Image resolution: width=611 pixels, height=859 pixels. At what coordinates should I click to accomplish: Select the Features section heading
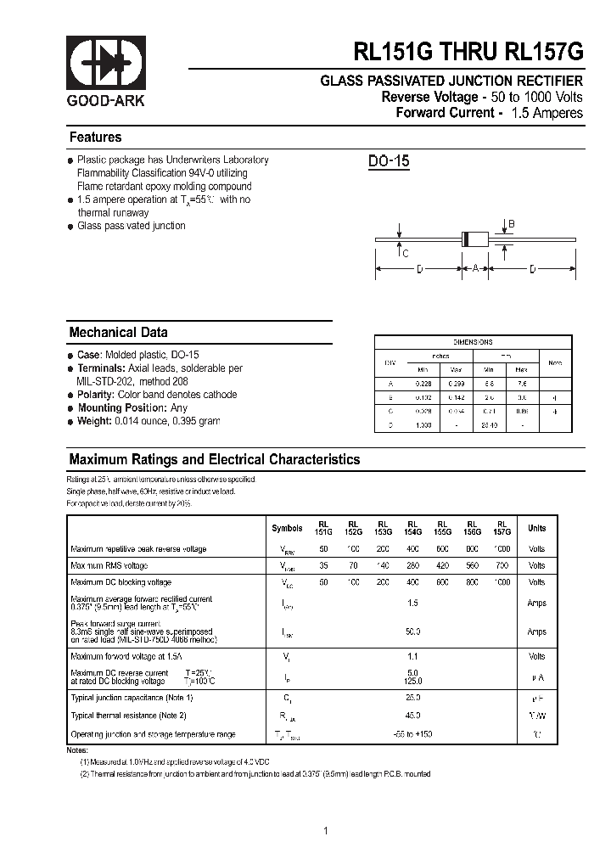pyautogui.click(x=95, y=138)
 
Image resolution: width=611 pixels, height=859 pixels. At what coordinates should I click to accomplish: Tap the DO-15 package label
pyautogui.click(x=390, y=161)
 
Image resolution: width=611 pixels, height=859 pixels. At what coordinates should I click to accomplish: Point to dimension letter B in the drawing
pyautogui.click(x=512, y=224)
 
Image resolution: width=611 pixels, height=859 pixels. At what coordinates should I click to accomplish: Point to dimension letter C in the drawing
pyautogui.click(x=406, y=254)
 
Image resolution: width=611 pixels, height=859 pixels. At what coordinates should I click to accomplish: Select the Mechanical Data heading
pyautogui.click(x=118, y=333)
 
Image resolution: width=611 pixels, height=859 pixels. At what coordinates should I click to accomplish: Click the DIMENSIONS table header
pyautogui.click(x=473, y=341)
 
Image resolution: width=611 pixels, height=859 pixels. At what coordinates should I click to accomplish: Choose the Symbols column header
pyautogui.click(x=287, y=528)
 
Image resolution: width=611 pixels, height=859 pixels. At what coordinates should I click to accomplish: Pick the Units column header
pyautogui.click(x=536, y=528)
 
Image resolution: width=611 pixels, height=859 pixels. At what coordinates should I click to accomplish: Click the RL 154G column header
pyautogui.click(x=412, y=528)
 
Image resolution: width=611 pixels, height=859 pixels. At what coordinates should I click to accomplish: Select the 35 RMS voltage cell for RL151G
pyautogui.click(x=324, y=565)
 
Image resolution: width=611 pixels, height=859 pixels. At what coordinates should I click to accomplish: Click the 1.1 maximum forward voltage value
pyautogui.click(x=413, y=656)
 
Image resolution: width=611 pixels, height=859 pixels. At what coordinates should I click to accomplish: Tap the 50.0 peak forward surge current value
pyautogui.click(x=413, y=632)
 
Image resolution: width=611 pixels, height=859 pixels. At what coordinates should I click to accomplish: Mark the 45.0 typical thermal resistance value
pyautogui.click(x=413, y=716)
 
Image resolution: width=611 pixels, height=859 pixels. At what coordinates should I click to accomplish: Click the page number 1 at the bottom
pyautogui.click(x=325, y=831)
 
